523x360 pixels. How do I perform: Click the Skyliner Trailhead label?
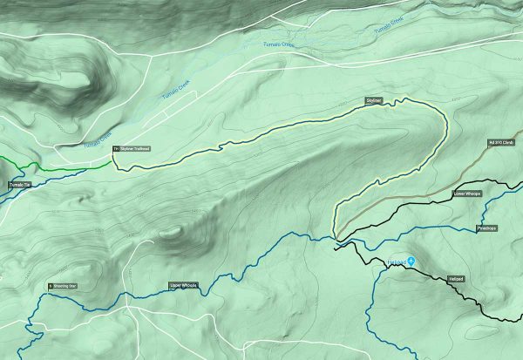point(135,149)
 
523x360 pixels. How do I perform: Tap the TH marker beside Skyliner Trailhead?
point(114,149)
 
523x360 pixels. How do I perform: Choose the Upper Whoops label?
point(182,285)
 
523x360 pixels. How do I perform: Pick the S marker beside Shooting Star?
point(50,285)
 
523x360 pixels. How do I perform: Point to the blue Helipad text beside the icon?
point(395,260)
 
